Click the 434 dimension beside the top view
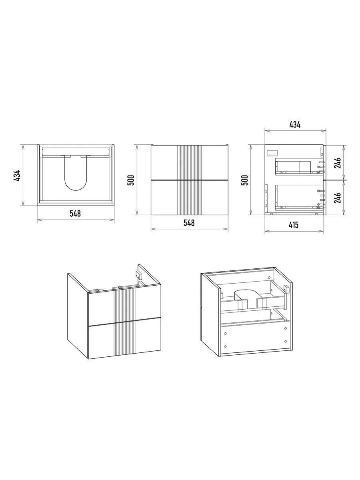click(17, 175)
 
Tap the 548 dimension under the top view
click(75, 214)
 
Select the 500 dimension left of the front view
click(131, 180)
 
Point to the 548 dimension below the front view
click(189, 223)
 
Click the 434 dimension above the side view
click(295, 125)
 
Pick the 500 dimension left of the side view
click(245, 180)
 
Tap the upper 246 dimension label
click(338, 162)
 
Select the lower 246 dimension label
click(338, 198)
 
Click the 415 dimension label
click(294, 225)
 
